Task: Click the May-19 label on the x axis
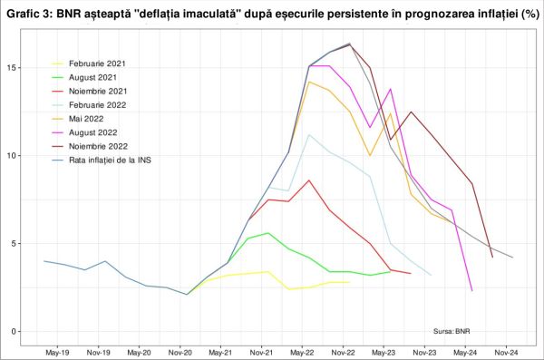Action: [x=58, y=352]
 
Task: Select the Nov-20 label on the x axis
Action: [x=180, y=352]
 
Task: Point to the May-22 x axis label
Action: [x=303, y=352]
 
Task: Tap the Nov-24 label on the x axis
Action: [x=506, y=352]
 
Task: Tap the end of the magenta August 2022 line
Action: [x=472, y=291]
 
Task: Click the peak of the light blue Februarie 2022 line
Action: [x=309, y=135]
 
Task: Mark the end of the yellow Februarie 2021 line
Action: [x=349, y=282]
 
